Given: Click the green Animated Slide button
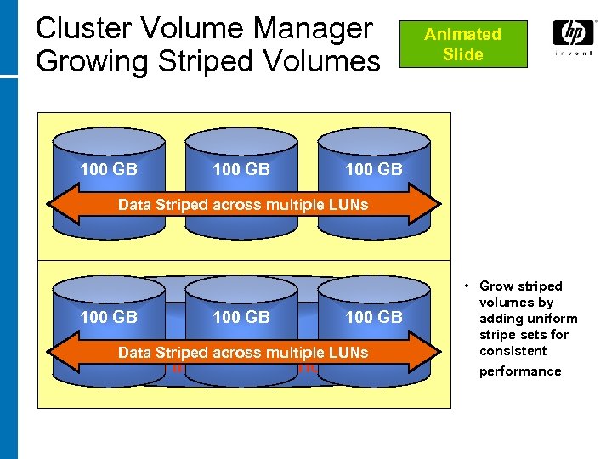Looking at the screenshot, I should tap(463, 44).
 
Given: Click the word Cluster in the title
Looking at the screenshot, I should tap(82, 28).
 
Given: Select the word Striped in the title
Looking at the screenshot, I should tap(201, 61).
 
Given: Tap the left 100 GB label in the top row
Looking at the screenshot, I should tap(108, 169).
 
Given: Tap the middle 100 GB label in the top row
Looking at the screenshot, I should tap(241, 169).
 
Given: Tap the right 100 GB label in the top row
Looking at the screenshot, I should tap(374, 169).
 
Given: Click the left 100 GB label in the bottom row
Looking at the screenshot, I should tap(108, 317).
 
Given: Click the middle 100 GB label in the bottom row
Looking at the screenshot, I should tap(241, 317).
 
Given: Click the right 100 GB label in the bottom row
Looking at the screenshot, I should tap(374, 317).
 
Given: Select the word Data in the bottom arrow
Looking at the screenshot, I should tap(134, 352).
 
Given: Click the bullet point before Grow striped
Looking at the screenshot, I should tap(467, 286).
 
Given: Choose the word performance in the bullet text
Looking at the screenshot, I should tap(520, 371).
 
